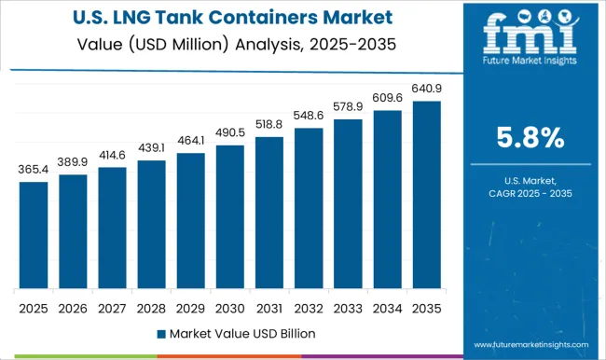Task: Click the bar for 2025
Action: click(x=34, y=235)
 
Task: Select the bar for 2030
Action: click(x=229, y=217)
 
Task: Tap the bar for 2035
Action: click(x=425, y=195)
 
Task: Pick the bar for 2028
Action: click(x=151, y=225)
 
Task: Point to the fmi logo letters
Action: click(x=529, y=38)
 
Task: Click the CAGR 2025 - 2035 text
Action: click(x=529, y=193)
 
